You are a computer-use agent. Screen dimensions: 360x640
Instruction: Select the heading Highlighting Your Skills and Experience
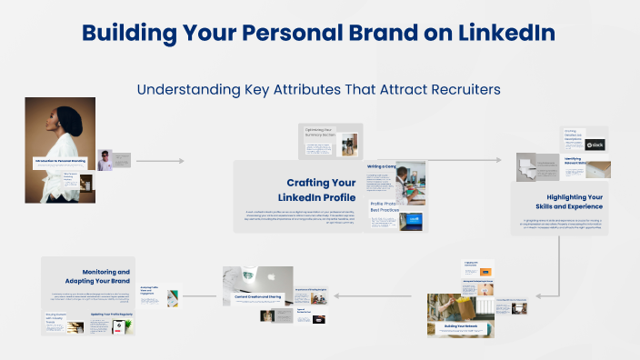coord(575,203)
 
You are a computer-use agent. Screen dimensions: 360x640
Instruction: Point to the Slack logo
coord(595,145)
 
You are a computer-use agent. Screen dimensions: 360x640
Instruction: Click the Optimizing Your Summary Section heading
coord(324,133)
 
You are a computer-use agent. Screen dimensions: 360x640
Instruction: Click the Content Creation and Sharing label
coord(258,297)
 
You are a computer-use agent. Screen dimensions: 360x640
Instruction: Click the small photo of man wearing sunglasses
coord(105,160)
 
